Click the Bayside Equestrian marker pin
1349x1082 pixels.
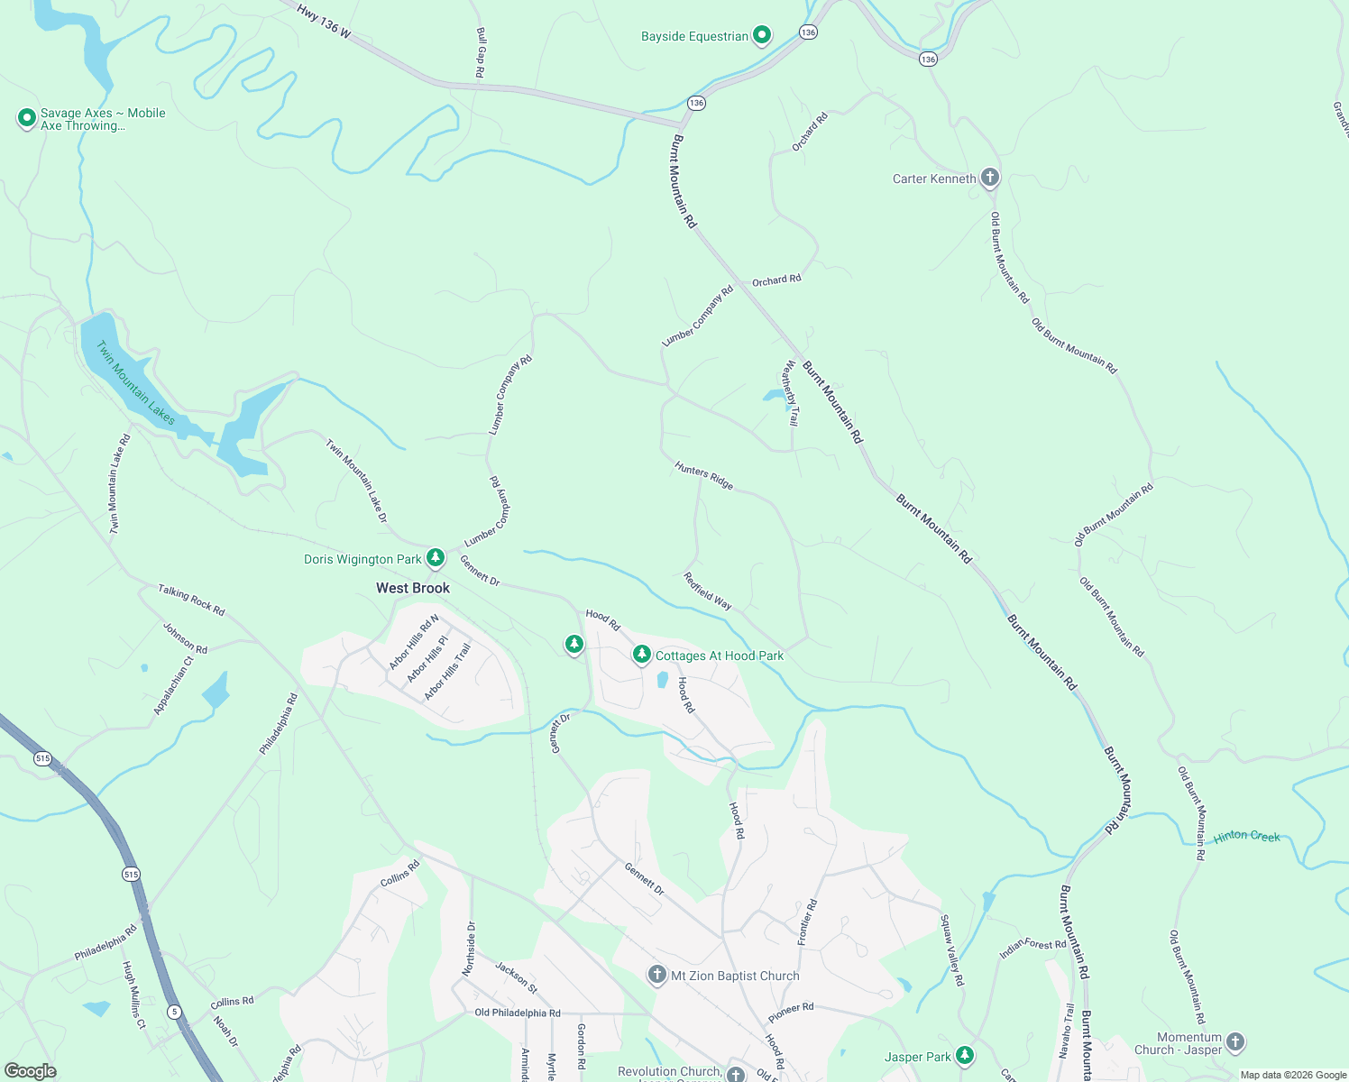tap(762, 36)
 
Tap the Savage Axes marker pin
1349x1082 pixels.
tap(27, 118)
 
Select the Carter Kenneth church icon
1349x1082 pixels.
tap(990, 178)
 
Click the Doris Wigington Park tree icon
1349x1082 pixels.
tap(436, 558)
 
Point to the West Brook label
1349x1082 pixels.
tap(413, 588)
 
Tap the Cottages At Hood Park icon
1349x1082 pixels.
tap(641, 655)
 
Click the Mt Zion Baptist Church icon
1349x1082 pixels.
tap(657, 975)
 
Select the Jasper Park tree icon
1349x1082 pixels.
tap(965, 1055)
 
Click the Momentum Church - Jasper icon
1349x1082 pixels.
tap(1235, 1042)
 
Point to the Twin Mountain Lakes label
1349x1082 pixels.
tap(136, 382)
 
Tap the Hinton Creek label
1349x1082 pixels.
tap(1246, 837)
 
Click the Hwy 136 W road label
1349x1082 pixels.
tap(324, 21)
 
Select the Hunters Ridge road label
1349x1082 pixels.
tap(704, 474)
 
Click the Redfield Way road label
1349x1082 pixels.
tap(708, 591)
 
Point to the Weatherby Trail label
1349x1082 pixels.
tap(791, 393)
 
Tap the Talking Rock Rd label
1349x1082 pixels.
tap(191, 600)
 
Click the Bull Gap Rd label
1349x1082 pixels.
tap(481, 52)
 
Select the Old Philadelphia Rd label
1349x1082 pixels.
tap(518, 1013)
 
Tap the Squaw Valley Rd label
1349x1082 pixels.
tap(952, 950)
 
